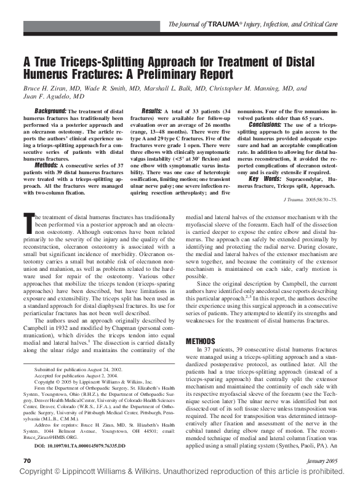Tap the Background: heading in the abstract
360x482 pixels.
50,110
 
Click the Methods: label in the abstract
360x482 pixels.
47,165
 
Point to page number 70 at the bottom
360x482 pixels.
26,460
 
